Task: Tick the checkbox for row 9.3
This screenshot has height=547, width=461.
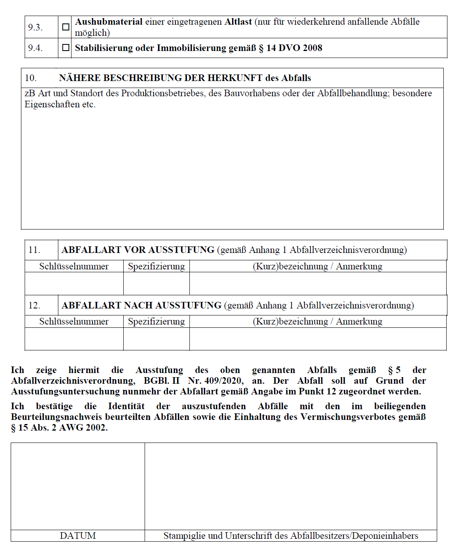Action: (65, 27)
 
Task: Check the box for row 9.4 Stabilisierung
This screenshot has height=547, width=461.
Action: (65, 48)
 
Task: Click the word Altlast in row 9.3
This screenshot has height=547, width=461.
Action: (238, 22)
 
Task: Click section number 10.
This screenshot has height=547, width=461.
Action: (31, 78)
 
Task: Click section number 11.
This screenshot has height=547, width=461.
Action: (34, 250)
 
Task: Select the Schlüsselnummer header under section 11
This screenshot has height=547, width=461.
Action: (74, 267)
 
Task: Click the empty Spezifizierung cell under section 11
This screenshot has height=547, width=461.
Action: (156, 283)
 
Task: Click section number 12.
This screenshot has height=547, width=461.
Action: (34, 306)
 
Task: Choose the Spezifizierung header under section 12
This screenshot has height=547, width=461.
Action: (156, 322)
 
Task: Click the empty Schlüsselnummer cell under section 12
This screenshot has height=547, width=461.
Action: (74, 339)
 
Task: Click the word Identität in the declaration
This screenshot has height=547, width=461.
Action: (126, 406)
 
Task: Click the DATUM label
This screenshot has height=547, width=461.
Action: (78, 535)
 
